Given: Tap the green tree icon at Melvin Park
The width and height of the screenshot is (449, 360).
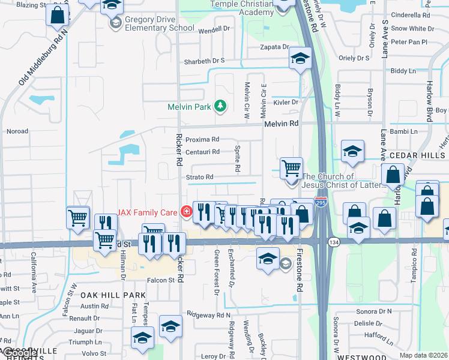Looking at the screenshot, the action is pyautogui.click(x=221, y=106).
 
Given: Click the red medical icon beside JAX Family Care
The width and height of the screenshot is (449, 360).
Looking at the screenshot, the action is pyautogui.click(x=186, y=211).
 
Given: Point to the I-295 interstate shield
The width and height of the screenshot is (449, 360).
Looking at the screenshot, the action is pyautogui.click(x=321, y=203).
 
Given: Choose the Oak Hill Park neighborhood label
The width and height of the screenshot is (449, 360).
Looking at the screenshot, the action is pyautogui.click(x=113, y=295).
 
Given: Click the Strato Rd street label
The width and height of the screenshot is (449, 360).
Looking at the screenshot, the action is pyautogui.click(x=199, y=177).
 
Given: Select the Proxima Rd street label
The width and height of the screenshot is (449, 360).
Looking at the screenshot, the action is pyautogui.click(x=199, y=140).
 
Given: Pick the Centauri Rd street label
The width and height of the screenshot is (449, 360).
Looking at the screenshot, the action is pyautogui.click(x=202, y=152).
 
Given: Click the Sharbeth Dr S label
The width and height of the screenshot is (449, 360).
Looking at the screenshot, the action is pyautogui.click(x=204, y=61).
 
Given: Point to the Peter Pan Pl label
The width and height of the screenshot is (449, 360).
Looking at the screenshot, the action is pyautogui.click(x=408, y=42).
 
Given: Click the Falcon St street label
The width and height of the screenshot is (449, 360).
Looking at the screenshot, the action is pyautogui.click(x=160, y=280).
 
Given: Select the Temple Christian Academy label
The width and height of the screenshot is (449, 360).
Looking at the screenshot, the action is pyautogui.click(x=242, y=8).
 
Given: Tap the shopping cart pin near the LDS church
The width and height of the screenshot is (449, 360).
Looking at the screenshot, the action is pyautogui.click(x=291, y=168).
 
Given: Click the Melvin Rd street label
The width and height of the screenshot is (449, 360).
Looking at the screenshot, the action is pyautogui.click(x=281, y=124).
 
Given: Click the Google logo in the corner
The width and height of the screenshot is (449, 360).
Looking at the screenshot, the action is pyautogui.click(x=19, y=353).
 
